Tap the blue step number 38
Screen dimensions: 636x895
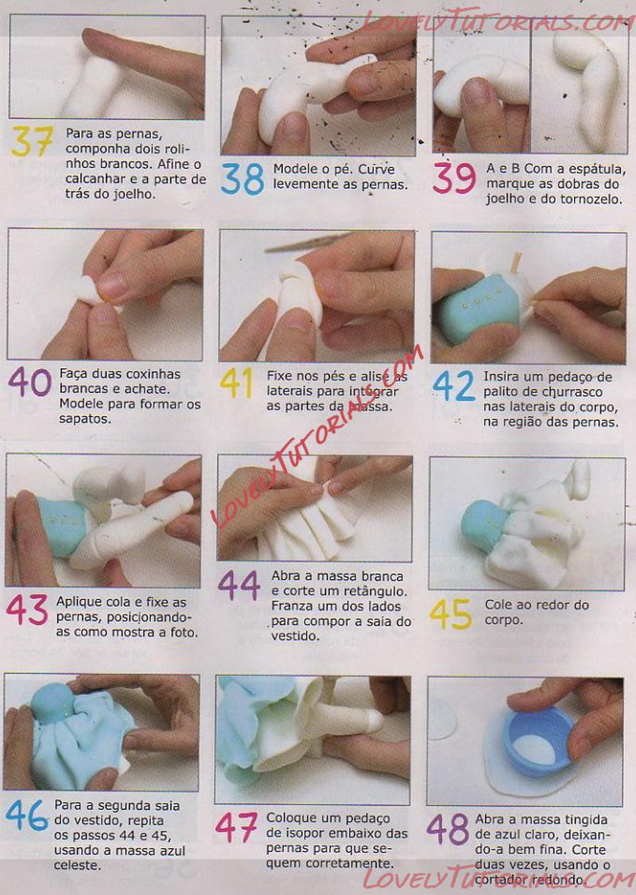point(242,179)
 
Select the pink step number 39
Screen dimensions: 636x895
point(454,178)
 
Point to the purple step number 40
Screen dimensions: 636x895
point(29,381)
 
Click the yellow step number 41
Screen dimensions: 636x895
point(237,383)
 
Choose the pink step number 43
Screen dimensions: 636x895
point(27,609)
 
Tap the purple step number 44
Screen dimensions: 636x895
point(239,586)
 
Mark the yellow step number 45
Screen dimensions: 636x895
point(451,613)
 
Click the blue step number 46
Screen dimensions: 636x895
point(27,815)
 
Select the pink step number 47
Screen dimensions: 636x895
point(236,827)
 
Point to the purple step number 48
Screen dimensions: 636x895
point(448,829)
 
